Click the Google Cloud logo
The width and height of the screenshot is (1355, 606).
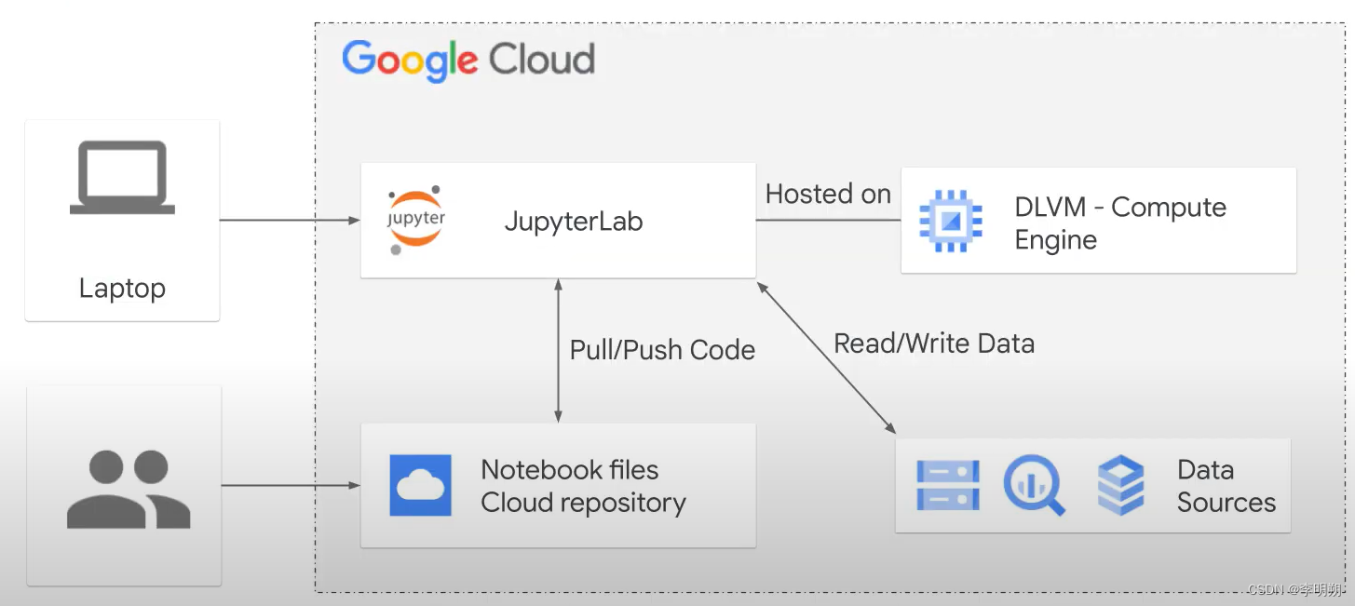pos(468,61)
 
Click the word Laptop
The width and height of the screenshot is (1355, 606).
pos(122,288)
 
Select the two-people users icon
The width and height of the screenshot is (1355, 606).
pos(129,489)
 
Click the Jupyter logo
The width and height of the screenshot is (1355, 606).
pos(415,220)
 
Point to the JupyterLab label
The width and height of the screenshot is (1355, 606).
pos(573,222)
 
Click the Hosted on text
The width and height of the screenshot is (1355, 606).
pos(827,194)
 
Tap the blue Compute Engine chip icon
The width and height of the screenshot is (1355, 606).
pos(950,221)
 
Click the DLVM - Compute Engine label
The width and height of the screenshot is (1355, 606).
pos(1119,222)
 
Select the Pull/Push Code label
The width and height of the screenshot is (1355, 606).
pos(662,350)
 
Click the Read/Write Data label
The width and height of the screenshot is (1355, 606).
pos(933,343)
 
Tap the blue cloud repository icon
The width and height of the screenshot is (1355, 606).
pos(421,485)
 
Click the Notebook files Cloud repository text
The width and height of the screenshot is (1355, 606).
pos(583,486)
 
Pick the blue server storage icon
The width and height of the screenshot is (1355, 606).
pos(947,485)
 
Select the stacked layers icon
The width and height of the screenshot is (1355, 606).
pos(1120,485)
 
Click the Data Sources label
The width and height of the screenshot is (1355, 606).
pos(1225,486)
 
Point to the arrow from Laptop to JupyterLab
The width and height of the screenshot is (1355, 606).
pos(290,221)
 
